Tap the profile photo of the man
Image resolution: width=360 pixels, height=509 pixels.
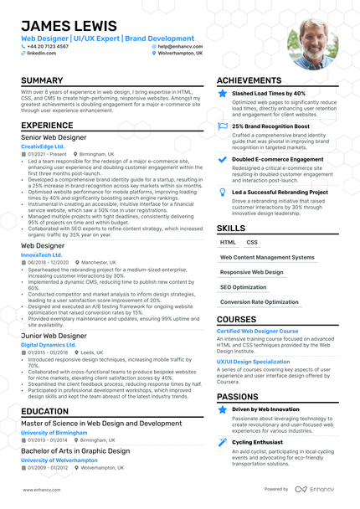tap(312, 43)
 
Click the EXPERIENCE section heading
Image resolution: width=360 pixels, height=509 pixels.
tap(47, 126)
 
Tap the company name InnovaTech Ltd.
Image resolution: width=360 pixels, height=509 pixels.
tap(42, 254)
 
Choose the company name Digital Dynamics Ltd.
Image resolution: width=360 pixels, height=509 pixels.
tap(49, 344)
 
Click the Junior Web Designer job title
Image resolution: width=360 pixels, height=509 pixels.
tap(54, 335)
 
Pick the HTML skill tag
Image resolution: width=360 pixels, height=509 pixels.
tap(229, 242)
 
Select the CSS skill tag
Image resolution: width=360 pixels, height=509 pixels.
tap(252, 242)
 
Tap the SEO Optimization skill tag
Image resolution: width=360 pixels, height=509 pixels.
tap(243, 287)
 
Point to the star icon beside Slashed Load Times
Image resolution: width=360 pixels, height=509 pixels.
tap(222, 94)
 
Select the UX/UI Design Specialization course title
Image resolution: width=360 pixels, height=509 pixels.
tap(260, 362)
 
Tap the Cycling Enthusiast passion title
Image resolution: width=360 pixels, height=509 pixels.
tap(259, 441)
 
